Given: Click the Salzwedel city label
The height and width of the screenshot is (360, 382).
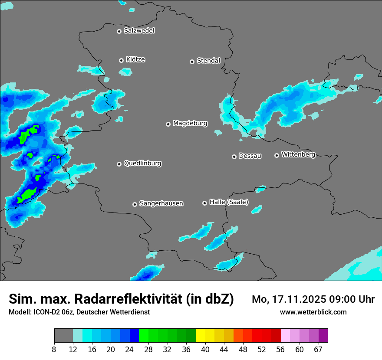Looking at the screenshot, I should point(139,31).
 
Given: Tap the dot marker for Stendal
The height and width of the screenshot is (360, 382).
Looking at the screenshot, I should point(192,62).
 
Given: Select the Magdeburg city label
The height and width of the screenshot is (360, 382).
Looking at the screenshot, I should point(190,124).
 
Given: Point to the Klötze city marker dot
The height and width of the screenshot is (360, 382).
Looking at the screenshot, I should point(121,60).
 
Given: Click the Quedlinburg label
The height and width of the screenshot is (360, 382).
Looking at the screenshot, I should point(142,164).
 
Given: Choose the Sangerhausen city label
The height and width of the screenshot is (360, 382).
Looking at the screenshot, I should point(161,203).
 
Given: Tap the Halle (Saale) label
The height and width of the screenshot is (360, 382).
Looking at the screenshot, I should point(229,202).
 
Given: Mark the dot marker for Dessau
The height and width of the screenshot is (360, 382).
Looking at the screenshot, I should point(234,157).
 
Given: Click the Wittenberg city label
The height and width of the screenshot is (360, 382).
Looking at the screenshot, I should point(298,154).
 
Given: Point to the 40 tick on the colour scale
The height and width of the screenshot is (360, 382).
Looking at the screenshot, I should point(205,349).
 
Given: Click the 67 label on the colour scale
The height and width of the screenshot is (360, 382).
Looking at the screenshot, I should point(318,349).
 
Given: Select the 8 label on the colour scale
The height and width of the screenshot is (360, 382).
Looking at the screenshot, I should point(54,349).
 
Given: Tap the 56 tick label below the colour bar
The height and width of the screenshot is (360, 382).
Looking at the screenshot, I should point(281,349).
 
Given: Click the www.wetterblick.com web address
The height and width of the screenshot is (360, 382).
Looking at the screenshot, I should point(313,312).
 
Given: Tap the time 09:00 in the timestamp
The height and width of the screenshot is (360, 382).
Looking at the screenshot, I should point(343,299).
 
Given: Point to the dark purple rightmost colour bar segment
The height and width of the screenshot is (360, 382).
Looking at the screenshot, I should point(323,336).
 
